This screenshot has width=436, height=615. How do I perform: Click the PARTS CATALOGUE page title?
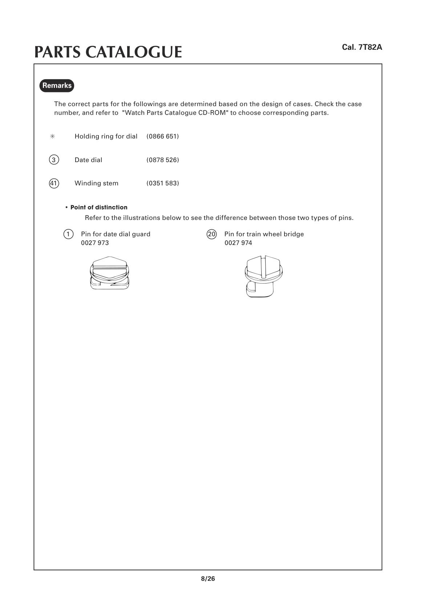[x=108, y=52]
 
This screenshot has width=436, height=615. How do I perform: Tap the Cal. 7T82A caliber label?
[x=362, y=47]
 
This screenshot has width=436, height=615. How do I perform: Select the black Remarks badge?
[x=57, y=85]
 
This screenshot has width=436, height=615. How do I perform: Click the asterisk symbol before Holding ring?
[x=52, y=136]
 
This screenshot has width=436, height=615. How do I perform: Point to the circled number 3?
[x=54, y=160]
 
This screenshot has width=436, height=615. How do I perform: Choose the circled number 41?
[x=54, y=183]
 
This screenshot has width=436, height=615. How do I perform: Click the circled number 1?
[x=68, y=234]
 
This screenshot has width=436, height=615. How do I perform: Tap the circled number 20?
[x=211, y=234]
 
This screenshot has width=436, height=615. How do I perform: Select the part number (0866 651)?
[x=163, y=136]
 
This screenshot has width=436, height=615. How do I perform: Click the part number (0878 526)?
[x=163, y=160]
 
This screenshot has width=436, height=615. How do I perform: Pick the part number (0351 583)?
[x=163, y=183]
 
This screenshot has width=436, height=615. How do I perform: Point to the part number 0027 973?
[x=95, y=243]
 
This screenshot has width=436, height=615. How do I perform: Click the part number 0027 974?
[x=238, y=243]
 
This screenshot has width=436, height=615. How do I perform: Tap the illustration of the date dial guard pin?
[x=109, y=273]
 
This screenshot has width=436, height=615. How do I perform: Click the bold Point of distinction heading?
[x=99, y=208]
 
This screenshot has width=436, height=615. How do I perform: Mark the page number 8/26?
[x=208, y=579]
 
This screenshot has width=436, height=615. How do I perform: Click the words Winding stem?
[x=96, y=183]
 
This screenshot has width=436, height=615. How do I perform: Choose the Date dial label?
[x=88, y=160]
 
